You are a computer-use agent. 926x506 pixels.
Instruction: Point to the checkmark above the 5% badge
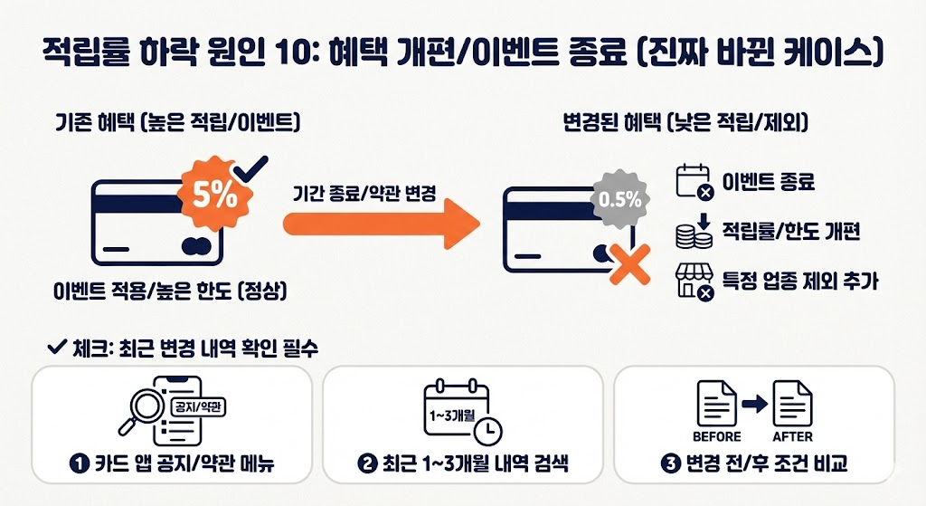tap(250, 168)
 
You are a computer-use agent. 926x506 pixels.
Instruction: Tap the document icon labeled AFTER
tap(792, 404)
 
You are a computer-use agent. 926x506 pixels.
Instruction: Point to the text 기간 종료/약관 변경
tap(365, 194)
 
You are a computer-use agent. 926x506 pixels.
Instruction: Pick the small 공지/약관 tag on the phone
tap(196, 406)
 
